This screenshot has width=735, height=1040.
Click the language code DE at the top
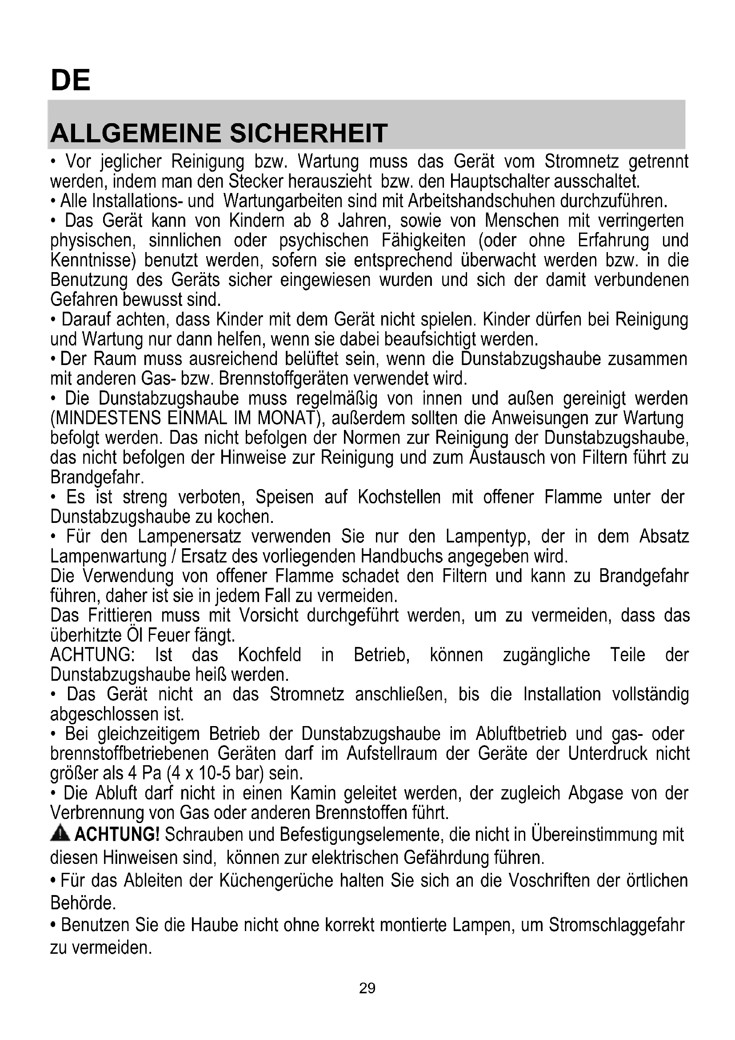[x=71, y=80]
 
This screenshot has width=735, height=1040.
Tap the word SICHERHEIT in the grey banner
[x=309, y=133]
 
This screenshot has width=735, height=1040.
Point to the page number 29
[x=367, y=988]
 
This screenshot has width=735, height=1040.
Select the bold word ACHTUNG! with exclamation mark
[x=117, y=834]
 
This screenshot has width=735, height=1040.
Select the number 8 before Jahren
[x=324, y=221]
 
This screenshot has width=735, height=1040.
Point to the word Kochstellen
[x=399, y=498]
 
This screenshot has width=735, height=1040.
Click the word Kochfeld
[x=269, y=655]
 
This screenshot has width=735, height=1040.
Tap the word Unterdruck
[x=608, y=754]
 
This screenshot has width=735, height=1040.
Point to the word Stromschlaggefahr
[x=616, y=925]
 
